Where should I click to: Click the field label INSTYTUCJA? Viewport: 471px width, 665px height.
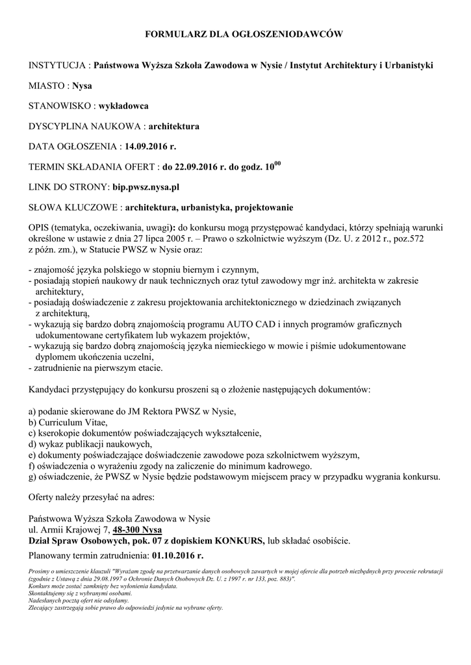[x=58, y=66]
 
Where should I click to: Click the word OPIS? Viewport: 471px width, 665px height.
[x=40, y=229]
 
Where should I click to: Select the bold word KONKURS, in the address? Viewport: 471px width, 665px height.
[x=240, y=540]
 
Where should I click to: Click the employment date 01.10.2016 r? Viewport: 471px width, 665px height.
[x=177, y=557]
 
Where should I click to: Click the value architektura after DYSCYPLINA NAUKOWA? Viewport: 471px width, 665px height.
[x=174, y=125]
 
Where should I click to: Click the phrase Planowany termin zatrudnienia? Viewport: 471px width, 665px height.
[x=89, y=557]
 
